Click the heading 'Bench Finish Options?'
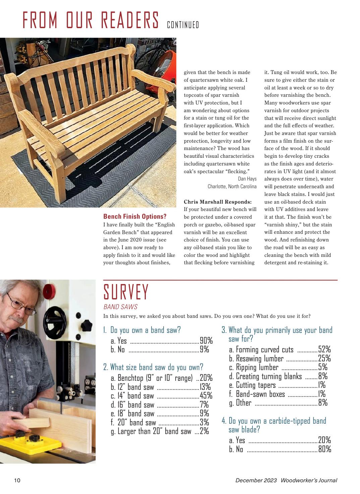point(135,217)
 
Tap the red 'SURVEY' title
point(126,292)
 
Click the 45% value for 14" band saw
point(206,396)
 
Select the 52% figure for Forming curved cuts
point(324,349)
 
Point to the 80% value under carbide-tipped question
point(324,449)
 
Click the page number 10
point(17,480)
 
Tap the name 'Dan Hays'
point(247,179)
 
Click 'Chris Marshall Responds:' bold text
point(218,202)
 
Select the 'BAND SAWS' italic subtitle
point(120,307)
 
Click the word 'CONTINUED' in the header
point(183,25)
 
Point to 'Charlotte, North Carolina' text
point(232,187)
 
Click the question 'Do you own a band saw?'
point(145,330)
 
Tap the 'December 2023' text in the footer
point(256,480)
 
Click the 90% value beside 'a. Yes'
point(206,341)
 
